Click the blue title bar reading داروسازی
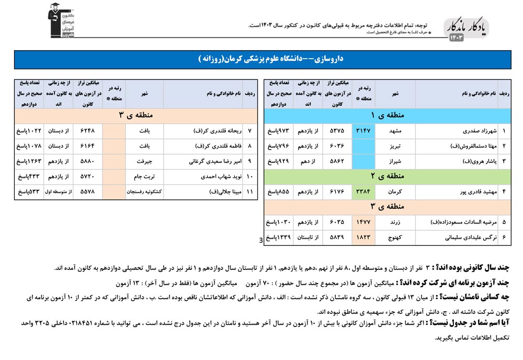[261, 60]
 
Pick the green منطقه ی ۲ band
[388, 176]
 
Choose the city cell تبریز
[395, 146]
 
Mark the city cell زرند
[395, 222]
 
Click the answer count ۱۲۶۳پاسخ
[28, 161]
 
